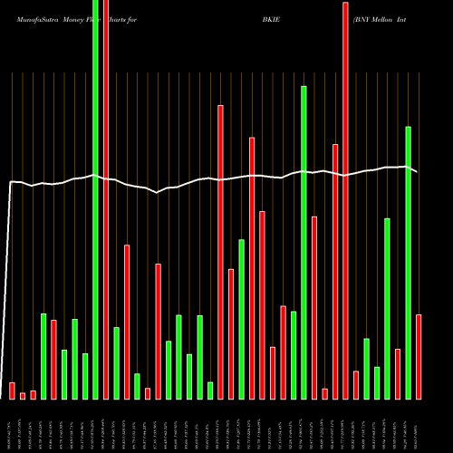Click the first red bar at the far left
pos(12,390)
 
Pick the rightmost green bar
pos(408,263)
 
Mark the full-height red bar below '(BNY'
pos(345,199)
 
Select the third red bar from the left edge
pos(33,394)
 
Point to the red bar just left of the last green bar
pos(398,373)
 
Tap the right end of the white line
pos(416,171)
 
